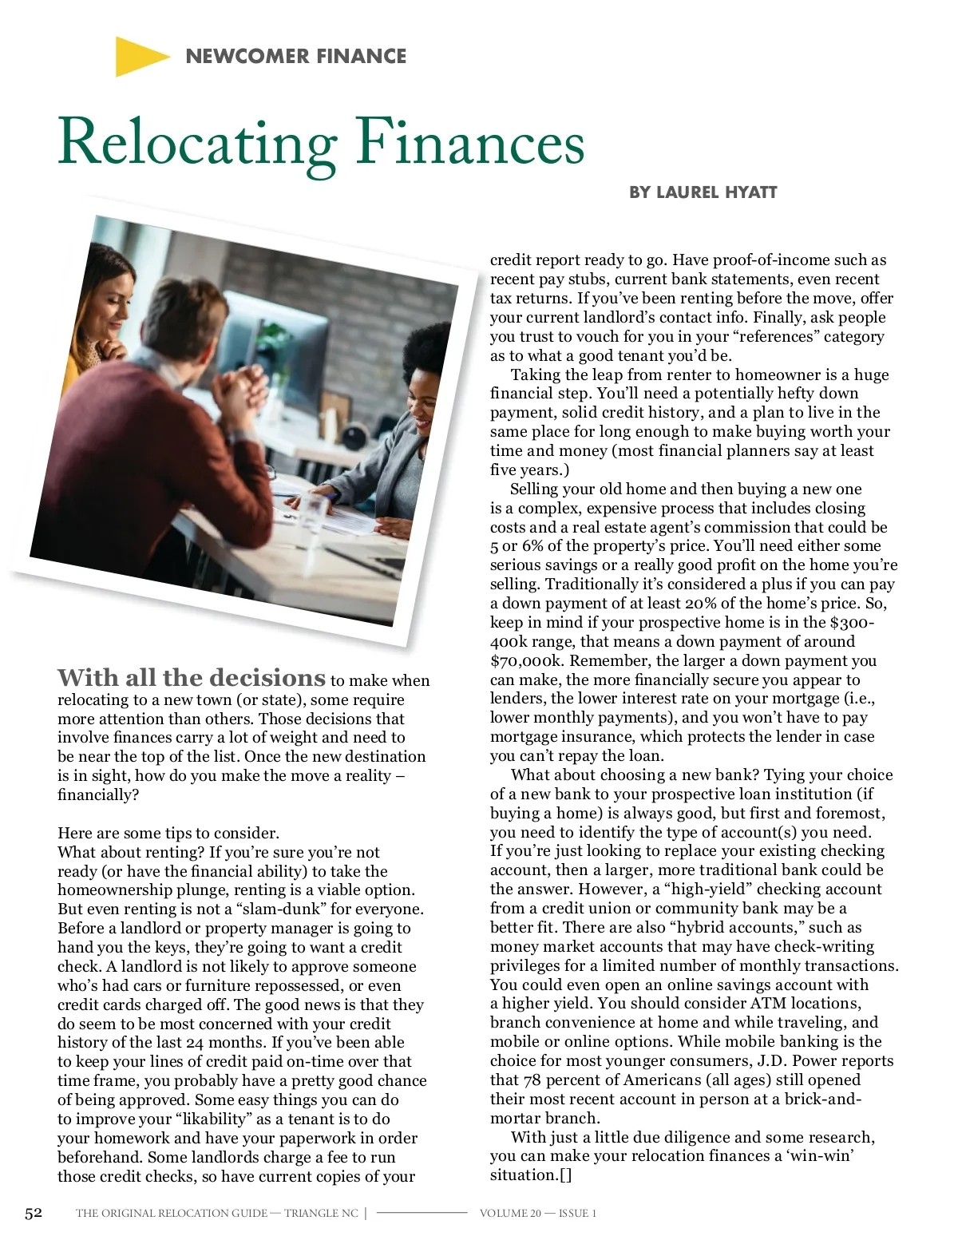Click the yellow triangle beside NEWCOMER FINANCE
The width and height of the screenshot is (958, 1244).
pyautogui.click(x=139, y=57)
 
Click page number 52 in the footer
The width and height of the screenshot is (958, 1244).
pyautogui.click(x=34, y=1213)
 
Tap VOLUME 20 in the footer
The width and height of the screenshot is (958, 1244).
pyautogui.click(x=510, y=1214)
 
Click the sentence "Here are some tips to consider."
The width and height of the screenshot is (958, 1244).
pyautogui.click(x=168, y=834)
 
